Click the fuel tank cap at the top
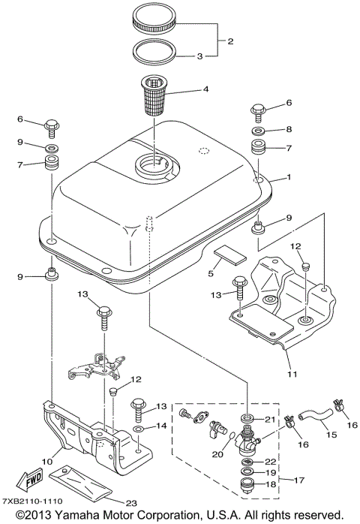tap(157, 20)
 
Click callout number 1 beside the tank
tap(287, 179)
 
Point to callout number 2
tap(230, 42)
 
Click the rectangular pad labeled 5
tap(228, 257)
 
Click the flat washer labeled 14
tap(140, 427)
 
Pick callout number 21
tap(271, 418)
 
